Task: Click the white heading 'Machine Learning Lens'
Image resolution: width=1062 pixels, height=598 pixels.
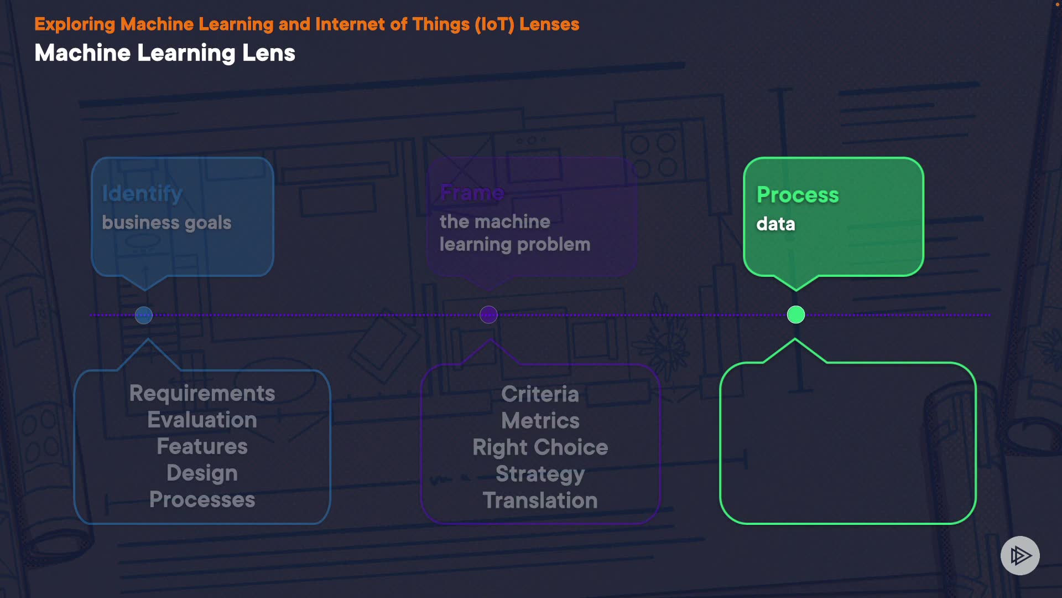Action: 165,53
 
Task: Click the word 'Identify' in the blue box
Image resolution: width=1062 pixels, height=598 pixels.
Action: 142,193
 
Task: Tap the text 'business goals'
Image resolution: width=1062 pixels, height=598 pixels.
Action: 166,223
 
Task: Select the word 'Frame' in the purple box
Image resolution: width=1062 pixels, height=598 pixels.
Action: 472,193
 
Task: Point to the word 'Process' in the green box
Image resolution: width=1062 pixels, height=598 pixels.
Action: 798,194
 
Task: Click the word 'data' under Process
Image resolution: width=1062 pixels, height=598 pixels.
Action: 775,224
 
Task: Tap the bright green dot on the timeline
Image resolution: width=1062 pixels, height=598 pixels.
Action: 796,315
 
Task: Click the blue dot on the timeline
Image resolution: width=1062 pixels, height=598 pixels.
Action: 144,315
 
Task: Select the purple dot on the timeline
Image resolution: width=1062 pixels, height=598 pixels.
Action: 488,315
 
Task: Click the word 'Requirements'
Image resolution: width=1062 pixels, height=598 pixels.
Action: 202,393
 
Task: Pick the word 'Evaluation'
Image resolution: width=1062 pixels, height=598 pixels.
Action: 202,420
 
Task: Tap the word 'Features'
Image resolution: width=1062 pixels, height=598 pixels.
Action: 202,446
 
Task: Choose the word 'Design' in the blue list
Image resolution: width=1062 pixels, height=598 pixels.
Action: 202,473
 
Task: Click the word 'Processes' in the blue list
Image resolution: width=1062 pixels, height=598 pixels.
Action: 202,499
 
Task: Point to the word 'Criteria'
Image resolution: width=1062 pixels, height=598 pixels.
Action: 540,394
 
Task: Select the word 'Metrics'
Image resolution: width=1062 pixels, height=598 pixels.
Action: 540,421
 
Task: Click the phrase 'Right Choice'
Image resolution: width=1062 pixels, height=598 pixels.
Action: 540,447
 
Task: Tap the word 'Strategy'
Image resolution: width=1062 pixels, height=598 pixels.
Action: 540,474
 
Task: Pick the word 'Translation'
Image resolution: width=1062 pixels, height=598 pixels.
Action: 540,501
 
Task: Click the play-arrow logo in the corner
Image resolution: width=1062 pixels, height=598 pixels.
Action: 1020,555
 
